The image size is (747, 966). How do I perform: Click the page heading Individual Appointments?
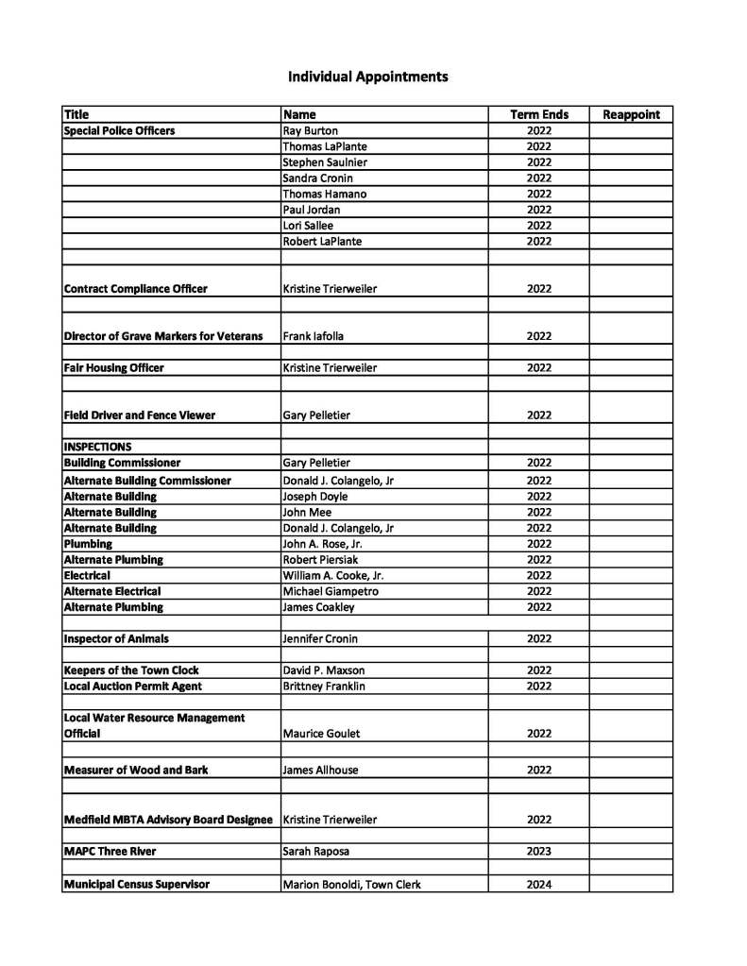pos(367,76)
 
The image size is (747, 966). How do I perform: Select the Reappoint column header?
pos(631,114)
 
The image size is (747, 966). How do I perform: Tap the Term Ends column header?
pos(539,114)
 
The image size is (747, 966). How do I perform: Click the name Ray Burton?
pos(310,130)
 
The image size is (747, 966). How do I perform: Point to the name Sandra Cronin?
pos(316,178)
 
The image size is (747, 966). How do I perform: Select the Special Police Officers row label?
pos(119,130)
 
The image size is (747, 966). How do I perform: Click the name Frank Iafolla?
pos(314,335)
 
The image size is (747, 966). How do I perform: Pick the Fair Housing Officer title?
pos(113,367)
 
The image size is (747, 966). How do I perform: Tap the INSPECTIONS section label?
pos(97,447)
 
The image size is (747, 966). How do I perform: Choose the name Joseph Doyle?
pos(315,496)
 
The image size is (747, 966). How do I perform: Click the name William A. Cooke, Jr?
pos(333,575)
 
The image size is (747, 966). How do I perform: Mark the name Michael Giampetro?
pos(331,591)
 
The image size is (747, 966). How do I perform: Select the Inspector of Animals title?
pos(116,638)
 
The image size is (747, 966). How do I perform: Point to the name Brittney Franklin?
pos(324,686)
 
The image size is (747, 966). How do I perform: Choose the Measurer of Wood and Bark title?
pos(135,770)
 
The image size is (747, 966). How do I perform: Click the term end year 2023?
pos(539,851)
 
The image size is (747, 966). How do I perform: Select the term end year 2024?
pos(539,885)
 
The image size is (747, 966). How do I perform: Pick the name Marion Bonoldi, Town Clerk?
pos(351,885)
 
